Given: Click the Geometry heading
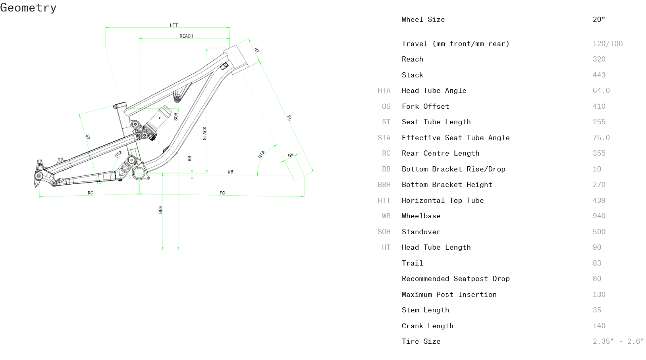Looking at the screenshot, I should [28, 8].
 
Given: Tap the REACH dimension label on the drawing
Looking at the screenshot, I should [186, 36].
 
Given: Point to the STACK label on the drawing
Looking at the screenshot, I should [204, 133].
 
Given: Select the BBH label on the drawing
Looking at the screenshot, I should [160, 210].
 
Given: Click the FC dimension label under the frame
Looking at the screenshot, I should [222, 193].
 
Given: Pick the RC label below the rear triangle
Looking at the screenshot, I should [91, 193].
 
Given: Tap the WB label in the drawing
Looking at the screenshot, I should [230, 172].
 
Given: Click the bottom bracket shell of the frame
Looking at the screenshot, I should [139, 173].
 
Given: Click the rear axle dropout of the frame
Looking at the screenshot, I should [39, 176].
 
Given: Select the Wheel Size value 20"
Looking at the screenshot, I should [599, 19].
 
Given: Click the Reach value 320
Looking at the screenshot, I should [599, 59].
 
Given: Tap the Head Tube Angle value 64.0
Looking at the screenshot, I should [601, 90].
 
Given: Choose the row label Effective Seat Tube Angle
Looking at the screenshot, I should [455, 138].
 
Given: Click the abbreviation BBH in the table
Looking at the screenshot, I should [384, 185].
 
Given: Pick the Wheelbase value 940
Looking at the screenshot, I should [599, 216].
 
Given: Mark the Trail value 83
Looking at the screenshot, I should [597, 263].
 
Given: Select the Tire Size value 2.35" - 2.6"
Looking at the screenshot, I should [618, 341].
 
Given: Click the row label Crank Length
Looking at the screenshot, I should [427, 326].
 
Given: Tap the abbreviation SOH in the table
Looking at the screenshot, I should [384, 232].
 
